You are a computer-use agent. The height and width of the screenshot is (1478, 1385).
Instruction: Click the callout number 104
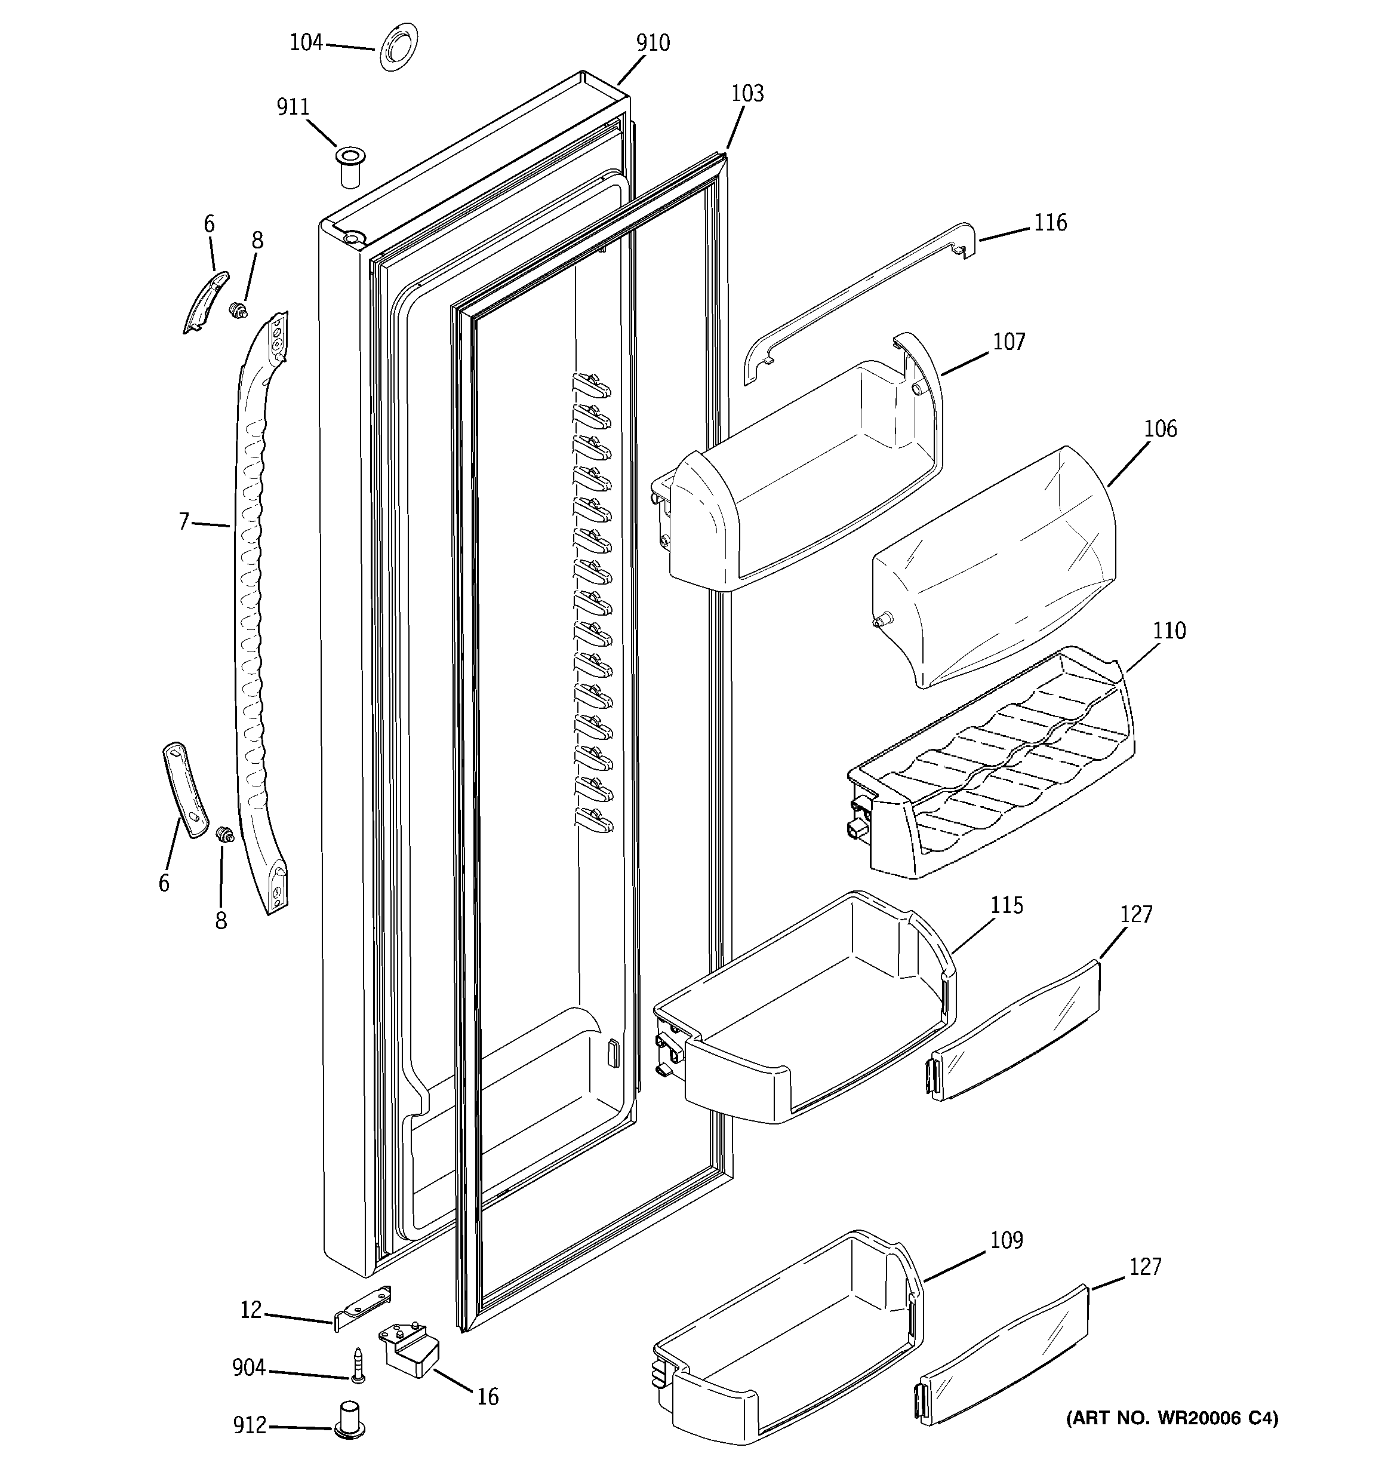pyautogui.click(x=306, y=43)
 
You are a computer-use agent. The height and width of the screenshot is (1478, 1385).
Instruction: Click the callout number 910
pyautogui.click(x=653, y=43)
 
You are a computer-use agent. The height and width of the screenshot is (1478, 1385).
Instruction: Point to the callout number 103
pyautogui.click(x=747, y=94)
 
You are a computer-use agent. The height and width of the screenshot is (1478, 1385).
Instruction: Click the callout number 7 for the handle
pyautogui.click(x=184, y=521)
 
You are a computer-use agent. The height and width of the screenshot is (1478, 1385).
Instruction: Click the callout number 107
pyautogui.click(x=1009, y=342)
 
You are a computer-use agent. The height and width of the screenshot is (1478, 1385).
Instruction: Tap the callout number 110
pyautogui.click(x=1169, y=631)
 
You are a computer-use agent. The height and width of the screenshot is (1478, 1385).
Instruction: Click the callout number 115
pyautogui.click(x=1007, y=905)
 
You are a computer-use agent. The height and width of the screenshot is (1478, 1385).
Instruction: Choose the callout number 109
pyautogui.click(x=1007, y=1240)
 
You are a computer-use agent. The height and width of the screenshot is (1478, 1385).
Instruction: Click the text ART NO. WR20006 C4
pyautogui.click(x=1172, y=1418)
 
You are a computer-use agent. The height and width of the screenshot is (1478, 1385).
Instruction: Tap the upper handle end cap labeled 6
pyautogui.click(x=204, y=302)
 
